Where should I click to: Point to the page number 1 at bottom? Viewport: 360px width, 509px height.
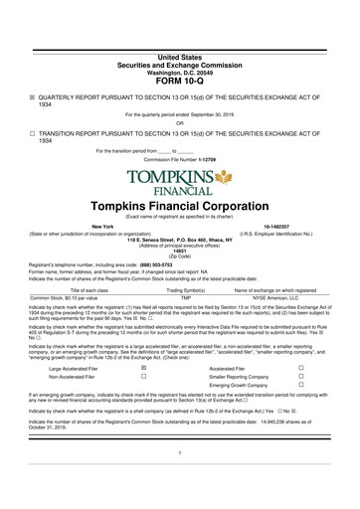[179, 480]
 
